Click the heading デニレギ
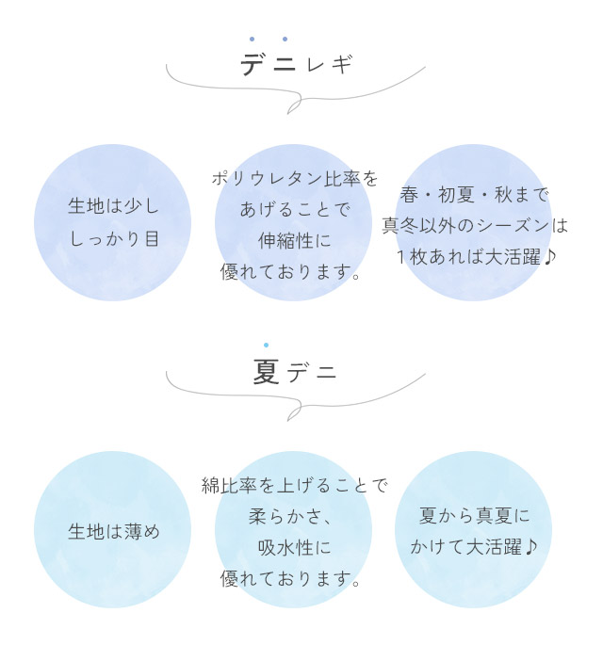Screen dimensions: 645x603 [296, 65]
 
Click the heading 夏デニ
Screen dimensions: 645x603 [295, 373]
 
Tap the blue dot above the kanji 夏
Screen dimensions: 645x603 [266, 346]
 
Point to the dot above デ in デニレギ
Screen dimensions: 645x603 [252, 40]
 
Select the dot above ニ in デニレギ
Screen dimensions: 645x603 [285, 40]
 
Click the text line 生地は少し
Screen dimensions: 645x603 [113, 206]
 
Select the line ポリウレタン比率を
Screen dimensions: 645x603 [295, 178]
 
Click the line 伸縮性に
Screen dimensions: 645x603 [295, 241]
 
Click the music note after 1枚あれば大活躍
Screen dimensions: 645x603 [550, 256]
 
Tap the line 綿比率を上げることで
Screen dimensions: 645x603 [295, 486]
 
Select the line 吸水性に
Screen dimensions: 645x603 [295, 548]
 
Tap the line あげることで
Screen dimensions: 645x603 [295, 209]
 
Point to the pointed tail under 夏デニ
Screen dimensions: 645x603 [300, 415]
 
